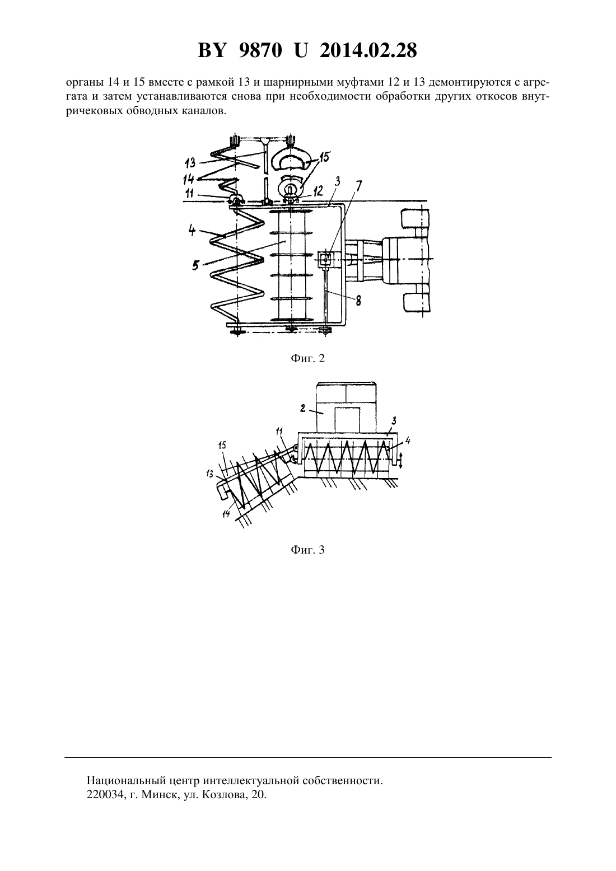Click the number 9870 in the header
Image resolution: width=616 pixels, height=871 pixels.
coord(259,50)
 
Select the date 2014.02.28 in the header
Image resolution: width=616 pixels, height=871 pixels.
coord(368,50)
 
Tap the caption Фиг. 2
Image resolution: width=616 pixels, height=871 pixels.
coord(307,358)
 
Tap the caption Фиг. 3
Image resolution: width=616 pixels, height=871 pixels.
coord(307,550)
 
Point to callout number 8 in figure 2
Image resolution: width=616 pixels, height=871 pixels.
coord(358,300)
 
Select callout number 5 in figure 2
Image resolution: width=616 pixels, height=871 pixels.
coord(195,265)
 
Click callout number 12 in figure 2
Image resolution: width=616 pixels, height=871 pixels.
coord(318,190)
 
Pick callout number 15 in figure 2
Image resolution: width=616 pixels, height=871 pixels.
coord(324,157)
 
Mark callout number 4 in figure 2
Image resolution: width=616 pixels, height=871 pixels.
coord(192,231)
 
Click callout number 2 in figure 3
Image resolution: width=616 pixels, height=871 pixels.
coord(303,408)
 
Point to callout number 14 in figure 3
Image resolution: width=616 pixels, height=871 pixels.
coord(226,514)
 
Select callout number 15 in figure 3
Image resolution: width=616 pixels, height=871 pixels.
coord(222,445)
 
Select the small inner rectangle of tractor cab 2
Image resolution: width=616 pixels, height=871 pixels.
coord(347,420)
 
